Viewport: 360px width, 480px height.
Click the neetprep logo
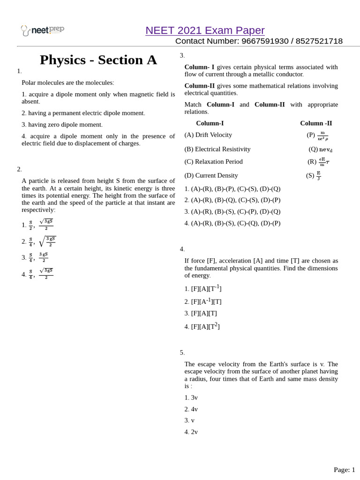(x=42, y=30)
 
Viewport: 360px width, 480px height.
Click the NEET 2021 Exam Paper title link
(x=205, y=30)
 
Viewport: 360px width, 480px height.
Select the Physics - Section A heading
(x=98, y=60)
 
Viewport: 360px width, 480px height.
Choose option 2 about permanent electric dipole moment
(x=83, y=113)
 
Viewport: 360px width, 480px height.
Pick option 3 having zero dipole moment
(x=62, y=125)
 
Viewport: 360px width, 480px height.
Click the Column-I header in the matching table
(x=210, y=123)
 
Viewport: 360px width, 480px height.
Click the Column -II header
(x=316, y=123)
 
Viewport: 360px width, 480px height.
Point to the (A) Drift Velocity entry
(x=208, y=135)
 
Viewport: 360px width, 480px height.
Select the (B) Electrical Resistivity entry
(x=217, y=149)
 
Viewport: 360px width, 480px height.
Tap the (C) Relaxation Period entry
(x=213, y=162)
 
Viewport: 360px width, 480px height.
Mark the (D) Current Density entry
(x=211, y=175)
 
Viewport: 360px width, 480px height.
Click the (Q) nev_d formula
(x=321, y=150)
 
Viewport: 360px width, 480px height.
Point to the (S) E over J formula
(x=314, y=176)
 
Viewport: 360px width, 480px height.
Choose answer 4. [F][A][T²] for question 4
(x=202, y=326)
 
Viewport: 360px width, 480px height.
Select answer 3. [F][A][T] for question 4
(x=201, y=313)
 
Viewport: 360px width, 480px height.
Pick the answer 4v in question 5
(x=191, y=409)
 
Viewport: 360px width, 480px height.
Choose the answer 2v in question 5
(x=191, y=432)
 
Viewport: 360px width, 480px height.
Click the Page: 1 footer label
(x=344, y=470)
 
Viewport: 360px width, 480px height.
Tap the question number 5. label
(x=182, y=352)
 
